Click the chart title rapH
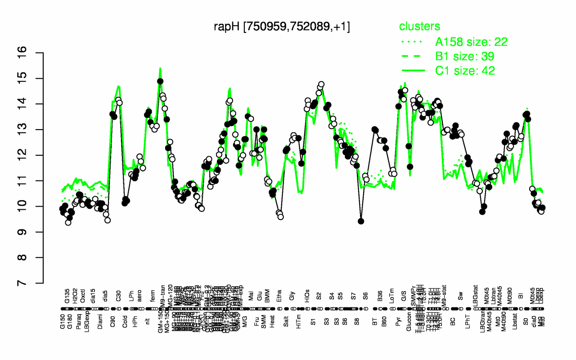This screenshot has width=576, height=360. click(282, 27)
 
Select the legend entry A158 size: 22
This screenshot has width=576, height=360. click(471, 42)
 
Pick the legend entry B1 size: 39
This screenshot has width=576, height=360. click(465, 56)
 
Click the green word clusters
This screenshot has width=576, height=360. click(419, 27)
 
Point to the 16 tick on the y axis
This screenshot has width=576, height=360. click(36, 53)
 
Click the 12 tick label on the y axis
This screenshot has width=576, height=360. click(36, 155)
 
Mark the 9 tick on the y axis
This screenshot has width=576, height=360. click(36, 232)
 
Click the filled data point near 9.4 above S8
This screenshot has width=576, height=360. click(361, 221)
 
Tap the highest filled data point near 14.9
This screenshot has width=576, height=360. click(160, 81)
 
